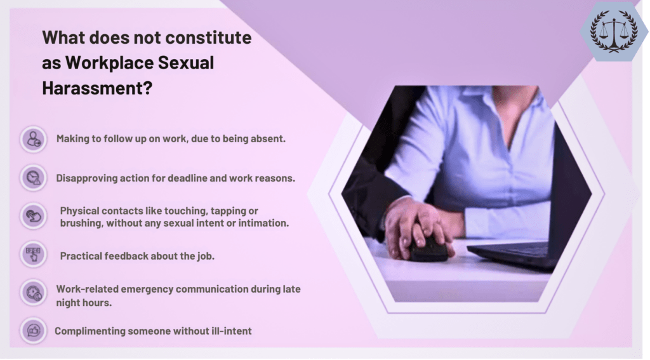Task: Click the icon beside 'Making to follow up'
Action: coord(33,139)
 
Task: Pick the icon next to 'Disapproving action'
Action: coord(33,178)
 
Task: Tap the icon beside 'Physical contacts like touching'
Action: coord(33,216)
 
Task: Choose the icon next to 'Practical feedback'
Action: coord(33,255)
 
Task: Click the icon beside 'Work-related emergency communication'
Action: coord(33,293)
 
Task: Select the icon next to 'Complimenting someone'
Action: coord(33,331)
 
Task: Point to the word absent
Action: coord(269,139)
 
